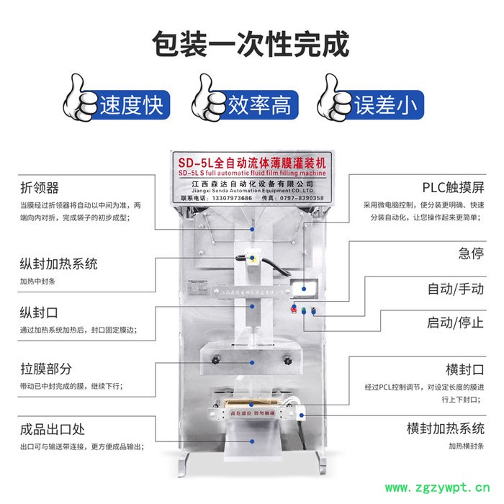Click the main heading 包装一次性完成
(x=251, y=44)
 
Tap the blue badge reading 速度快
(x=132, y=106)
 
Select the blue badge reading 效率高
(x=259, y=106)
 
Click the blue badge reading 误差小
(x=385, y=106)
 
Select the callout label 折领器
(x=39, y=189)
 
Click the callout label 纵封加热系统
(x=58, y=264)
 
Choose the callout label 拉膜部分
(x=46, y=369)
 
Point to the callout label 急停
(x=471, y=253)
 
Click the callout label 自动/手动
(x=456, y=289)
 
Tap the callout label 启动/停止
(x=456, y=322)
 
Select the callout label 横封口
(x=464, y=369)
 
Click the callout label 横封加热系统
(x=446, y=429)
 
